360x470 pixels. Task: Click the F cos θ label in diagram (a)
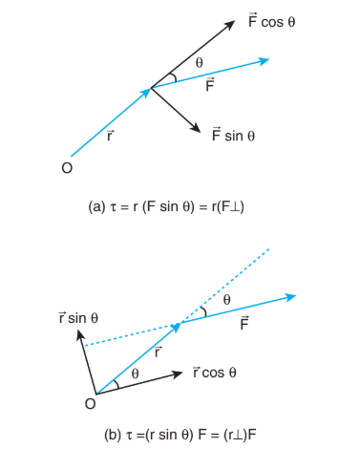[272, 20]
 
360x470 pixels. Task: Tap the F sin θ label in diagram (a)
[233, 134]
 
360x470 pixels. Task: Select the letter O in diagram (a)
[67, 168]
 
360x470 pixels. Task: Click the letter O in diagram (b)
[91, 404]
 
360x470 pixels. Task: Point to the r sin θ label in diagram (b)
[78, 317]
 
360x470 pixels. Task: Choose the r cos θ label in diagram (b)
[215, 372]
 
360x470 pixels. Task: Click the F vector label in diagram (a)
[210, 84]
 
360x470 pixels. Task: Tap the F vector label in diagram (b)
[244, 323]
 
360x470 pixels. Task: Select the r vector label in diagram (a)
[110, 136]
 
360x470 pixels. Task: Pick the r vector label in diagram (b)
[158, 352]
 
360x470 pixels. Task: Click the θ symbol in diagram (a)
[199, 62]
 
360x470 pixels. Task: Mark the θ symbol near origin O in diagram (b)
[135, 374]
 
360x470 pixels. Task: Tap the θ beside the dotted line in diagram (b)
[226, 299]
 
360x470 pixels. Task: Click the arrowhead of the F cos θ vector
[231, 24]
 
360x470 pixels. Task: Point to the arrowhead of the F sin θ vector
[196, 128]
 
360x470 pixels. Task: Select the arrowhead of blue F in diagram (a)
[265, 60]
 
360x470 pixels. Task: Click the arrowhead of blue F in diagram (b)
[291, 297]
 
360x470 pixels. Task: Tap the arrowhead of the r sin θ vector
[80, 335]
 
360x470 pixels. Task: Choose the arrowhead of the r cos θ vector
[178, 374]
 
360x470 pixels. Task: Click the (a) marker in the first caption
[96, 207]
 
